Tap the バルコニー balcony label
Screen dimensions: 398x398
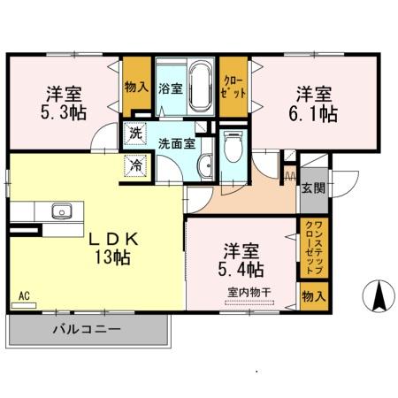[x=86, y=329]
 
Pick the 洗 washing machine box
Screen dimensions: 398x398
[x=134, y=134]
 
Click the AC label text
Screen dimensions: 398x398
[x=24, y=295]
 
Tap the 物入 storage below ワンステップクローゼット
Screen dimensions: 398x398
[x=311, y=295]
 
